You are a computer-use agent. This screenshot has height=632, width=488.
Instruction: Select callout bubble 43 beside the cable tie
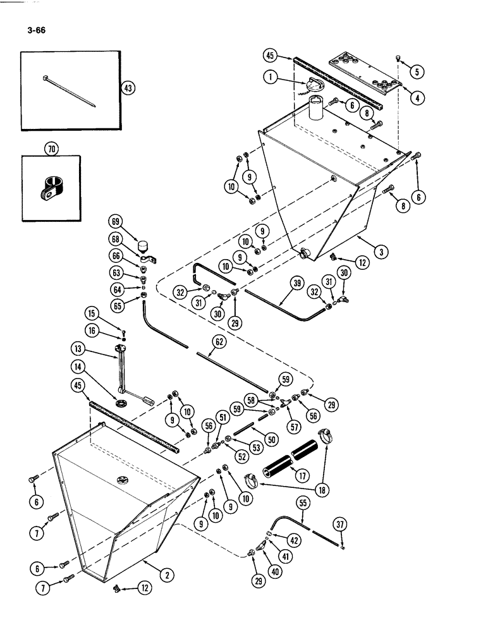[x=129, y=89]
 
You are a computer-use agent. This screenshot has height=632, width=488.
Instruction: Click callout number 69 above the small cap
[x=115, y=221]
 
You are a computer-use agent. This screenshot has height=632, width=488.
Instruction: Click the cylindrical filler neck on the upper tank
[x=316, y=112]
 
